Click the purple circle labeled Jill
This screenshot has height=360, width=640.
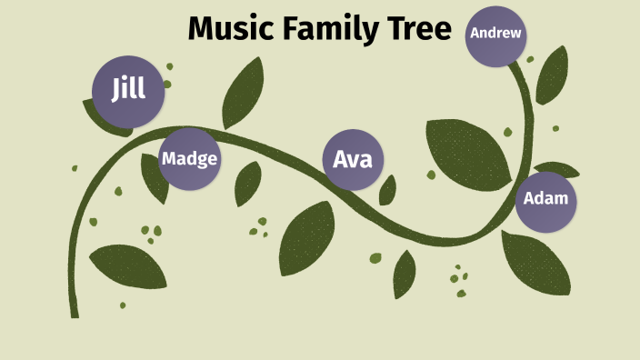pyautogui.click(x=128, y=91)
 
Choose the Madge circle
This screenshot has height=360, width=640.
pyautogui.click(x=189, y=159)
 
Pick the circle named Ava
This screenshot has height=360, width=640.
pyautogui.click(x=354, y=160)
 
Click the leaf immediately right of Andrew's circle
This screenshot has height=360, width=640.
pyautogui.click(x=552, y=77)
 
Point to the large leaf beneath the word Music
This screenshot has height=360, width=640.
pyautogui.click(x=243, y=91)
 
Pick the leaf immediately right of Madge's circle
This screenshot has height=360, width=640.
pyautogui.click(x=247, y=184)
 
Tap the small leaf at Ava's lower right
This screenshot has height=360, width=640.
pyautogui.click(x=388, y=190)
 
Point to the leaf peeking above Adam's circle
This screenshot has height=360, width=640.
pyautogui.click(x=556, y=168)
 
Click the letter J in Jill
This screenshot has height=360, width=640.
pyautogui.click(x=116, y=91)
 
